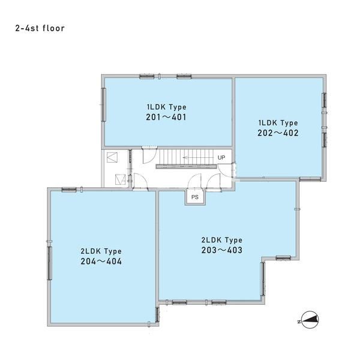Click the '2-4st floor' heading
(40, 28)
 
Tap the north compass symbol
(310, 320)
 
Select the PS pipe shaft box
(195, 197)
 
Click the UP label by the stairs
(221, 157)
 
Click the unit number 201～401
(166, 117)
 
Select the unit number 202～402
(278, 133)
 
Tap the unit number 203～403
(222, 250)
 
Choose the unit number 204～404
(101, 261)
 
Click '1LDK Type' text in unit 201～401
(167, 107)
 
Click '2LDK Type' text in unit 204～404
(101, 251)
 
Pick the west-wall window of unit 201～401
(104, 104)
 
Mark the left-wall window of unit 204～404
(49, 263)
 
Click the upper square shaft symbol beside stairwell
(112, 157)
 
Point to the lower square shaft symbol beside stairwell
(120, 179)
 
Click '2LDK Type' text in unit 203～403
(222, 240)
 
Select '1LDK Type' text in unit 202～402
(278, 123)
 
